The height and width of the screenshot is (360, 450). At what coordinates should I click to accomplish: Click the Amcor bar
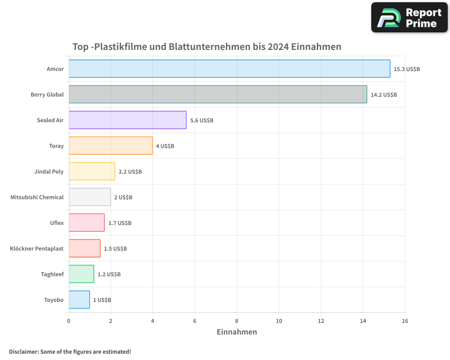(229, 69)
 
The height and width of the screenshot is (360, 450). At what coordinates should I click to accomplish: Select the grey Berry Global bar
(218, 94)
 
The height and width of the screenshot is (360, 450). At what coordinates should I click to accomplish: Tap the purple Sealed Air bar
(127, 120)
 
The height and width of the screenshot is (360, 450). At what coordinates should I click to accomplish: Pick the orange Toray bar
(111, 146)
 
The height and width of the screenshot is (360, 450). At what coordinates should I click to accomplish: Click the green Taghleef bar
(81, 274)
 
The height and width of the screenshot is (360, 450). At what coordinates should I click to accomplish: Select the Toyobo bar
(79, 300)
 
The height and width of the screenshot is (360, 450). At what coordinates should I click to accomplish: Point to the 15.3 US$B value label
(407, 69)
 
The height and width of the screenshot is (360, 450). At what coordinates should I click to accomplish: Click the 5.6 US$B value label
(202, 121)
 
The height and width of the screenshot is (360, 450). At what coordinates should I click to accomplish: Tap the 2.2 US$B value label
(130, 172)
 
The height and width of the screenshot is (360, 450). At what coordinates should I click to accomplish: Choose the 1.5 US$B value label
(115, 249)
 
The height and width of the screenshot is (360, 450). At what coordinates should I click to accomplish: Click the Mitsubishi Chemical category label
(37, 197)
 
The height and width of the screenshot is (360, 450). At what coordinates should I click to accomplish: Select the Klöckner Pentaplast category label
(36, 248)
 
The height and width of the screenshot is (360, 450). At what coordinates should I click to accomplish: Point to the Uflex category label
(57, 223)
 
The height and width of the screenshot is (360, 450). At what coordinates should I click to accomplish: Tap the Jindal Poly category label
(49, 171)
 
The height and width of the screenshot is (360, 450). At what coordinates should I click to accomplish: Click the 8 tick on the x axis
(237, 321)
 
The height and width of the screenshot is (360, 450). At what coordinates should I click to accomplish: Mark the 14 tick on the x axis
(363, 321)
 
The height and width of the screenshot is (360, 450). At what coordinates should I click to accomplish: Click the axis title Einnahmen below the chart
(237, 332)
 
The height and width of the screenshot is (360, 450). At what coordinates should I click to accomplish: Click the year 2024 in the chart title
(278, 47)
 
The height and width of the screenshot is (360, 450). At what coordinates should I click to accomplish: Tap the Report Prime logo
(409, 18)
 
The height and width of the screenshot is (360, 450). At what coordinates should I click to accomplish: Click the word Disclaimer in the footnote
(23, 352)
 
